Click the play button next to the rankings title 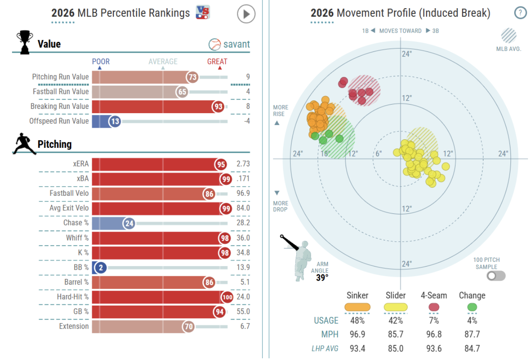point(246,14)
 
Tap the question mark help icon point(520,12)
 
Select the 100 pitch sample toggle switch point(496,276)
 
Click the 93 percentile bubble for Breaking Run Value point(218,107)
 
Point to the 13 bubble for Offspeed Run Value point(115,122)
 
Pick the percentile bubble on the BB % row point(101,268)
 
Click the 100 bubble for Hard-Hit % point(227,297)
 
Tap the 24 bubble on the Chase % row point(129,223)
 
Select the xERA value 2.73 point(243,164)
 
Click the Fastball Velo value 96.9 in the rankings point(243,193)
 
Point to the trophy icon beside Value point(25,42)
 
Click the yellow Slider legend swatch point(396,307)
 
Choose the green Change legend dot point(472,307)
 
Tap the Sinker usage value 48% point(358,321)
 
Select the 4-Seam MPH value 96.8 point(434,334)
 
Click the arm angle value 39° point(322,278)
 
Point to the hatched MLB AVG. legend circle point(509,36)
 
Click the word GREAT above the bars point(217,62)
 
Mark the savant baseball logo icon point(215,45)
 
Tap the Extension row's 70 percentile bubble point(188,327)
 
